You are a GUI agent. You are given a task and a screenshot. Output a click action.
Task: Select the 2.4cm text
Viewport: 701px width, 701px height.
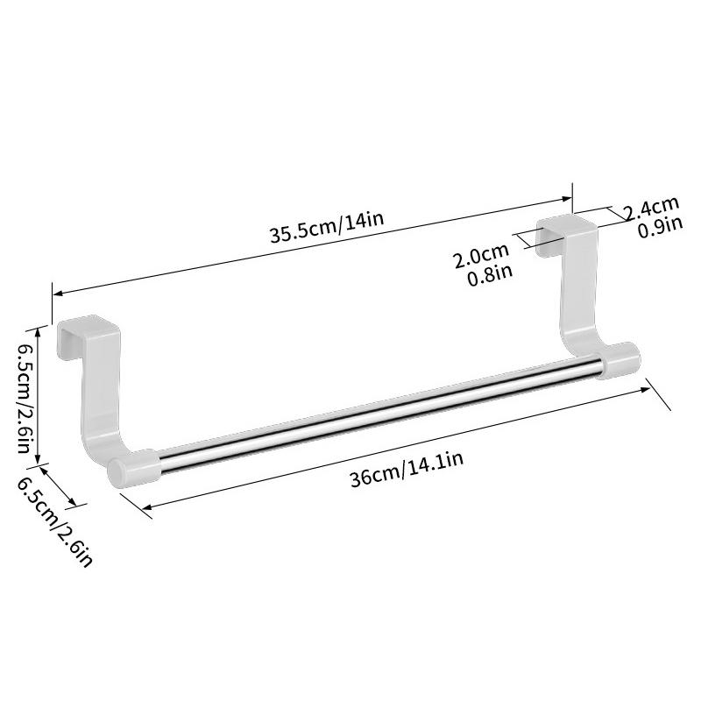click(651, 208)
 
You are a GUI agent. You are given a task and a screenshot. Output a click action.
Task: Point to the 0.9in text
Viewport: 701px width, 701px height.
click(659, 228)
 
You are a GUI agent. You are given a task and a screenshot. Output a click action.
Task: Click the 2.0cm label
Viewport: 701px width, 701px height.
click(480, 258)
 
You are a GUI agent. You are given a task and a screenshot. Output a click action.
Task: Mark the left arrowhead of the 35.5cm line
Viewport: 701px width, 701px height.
click(57, 294)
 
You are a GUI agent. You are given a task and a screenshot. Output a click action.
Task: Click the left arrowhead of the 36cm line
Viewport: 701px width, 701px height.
click(145, 507)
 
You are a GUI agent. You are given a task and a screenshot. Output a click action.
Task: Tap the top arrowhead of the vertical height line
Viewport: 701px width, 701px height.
click(37, 329)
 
